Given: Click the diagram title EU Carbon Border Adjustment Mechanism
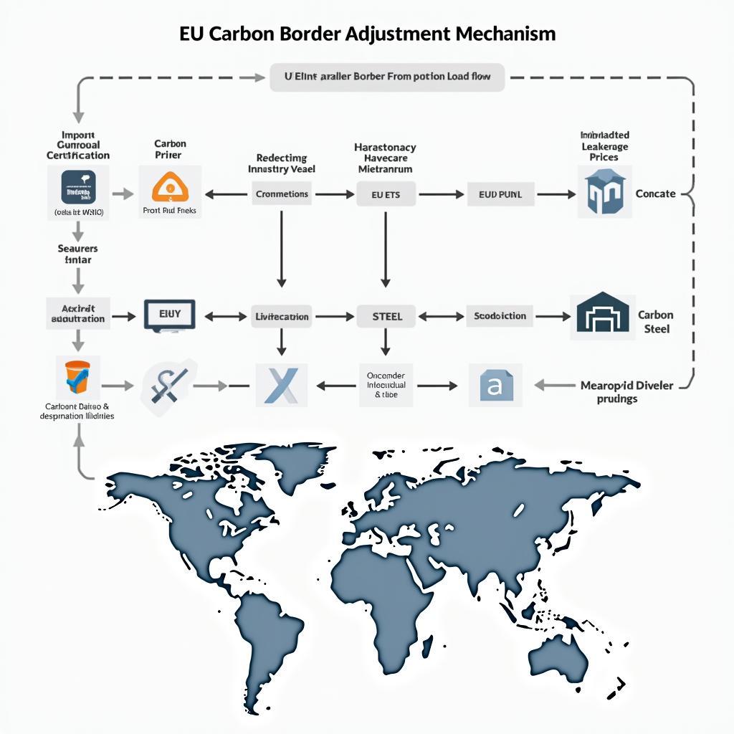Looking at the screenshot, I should click(x=367, y=34).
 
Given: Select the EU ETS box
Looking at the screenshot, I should click(x=386, y=194).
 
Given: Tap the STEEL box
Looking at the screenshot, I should click(x=387, y=315).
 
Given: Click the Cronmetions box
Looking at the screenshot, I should click(x=282, y=194).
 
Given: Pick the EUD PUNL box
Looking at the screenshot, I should click(x=500, y=194).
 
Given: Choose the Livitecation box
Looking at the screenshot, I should click(x=282, y=316).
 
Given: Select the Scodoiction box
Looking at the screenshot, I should click(x=500, y=315).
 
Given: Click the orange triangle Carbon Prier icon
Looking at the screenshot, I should click(x=170, y=187).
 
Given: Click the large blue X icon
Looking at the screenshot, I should click(x=281, y=384).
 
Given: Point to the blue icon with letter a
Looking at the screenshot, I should click(x=495, y=385).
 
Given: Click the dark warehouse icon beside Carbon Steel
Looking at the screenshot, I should click(x=602, y=316).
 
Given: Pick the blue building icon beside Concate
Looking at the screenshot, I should click(x=604, y=193).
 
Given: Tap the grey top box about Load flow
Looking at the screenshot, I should click(x=387, y=77).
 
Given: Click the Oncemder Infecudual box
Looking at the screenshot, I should click(x=386, y=385).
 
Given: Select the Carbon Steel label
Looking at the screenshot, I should click(x=655, y=322).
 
